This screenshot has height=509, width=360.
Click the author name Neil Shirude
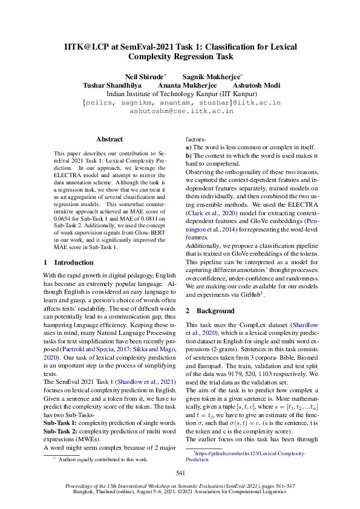pos(145,77)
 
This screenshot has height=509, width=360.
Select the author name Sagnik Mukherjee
pos(212,77)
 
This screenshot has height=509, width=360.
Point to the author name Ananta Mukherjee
pos(187,86)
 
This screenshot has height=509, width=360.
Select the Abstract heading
pos(110,139)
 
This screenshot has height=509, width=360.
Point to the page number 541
pos(180,473)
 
